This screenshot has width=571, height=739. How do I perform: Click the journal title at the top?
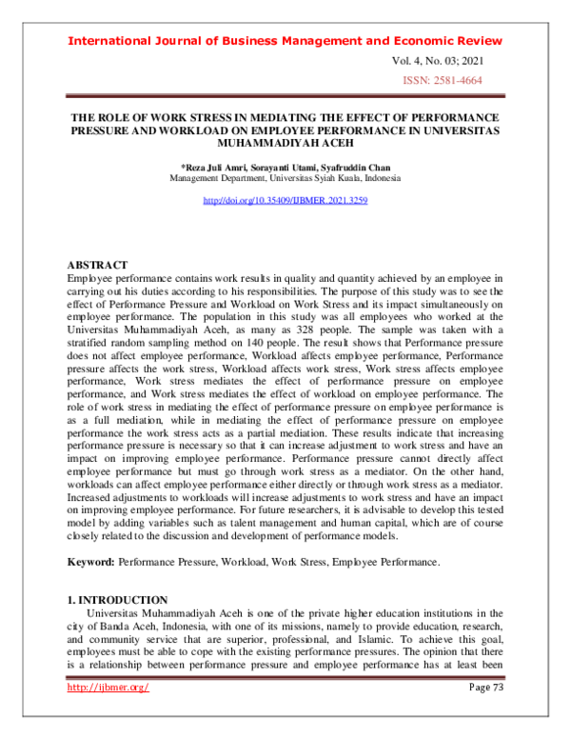point(285,41)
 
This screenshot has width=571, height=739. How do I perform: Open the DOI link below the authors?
point(285,201)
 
